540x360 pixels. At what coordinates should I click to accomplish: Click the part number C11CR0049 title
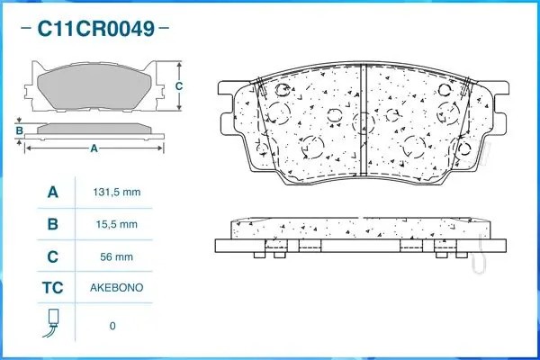click(95, 29)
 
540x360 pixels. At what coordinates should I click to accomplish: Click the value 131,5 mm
click(116, 192)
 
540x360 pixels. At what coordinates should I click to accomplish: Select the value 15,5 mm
click(116, 224)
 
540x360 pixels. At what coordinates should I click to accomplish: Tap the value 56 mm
click(116, 256)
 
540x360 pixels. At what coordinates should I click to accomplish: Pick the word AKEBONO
click(116, 288)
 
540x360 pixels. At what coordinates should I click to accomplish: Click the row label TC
click(53, 288)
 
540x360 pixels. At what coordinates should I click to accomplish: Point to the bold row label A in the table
click(53, 192)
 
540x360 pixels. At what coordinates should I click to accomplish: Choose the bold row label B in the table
click(53, 224)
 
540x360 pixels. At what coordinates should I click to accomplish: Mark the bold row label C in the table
click(53, 256)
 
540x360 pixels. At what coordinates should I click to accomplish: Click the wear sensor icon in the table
click(52, 323)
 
